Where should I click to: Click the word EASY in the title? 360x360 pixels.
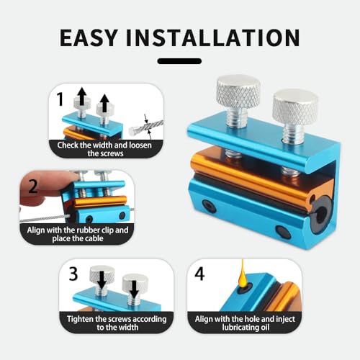pyautogui.click(x=89, y=37)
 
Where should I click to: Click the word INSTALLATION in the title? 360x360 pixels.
pyautogui.click(x=213, y=37)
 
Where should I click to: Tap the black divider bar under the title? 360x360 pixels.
pyautogui.click(x=179, y=61)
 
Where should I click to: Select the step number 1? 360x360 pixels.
pyautogui.click(x=60, y=99)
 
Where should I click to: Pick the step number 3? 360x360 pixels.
pyautogui.click(x=73, y=274)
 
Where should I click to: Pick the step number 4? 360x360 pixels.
pyautogui.click(x=199, y=274)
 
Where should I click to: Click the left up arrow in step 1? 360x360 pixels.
pyautogui.click(x=82, y=96)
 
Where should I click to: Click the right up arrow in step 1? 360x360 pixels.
pyautogui.click(x=104, y=103)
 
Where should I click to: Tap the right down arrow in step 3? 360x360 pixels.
pyautogui.click(x=134, y=289)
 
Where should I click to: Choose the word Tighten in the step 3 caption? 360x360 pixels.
pyautogui.click(x=81, y=320)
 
